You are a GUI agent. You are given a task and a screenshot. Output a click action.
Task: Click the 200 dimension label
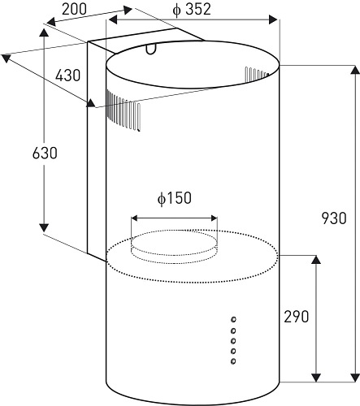pyautogui.click(x=74, y=9)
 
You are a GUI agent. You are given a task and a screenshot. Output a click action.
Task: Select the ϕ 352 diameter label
pyautogui.click(x=192, y=10)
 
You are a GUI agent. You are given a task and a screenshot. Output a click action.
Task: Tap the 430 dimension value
pyautogui.click(x=67, y=76)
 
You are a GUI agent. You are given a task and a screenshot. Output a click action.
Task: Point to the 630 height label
pyautogui.click(x=45, y=153)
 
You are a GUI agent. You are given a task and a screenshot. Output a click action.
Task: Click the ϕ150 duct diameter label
pyautogui.click(x=175, y=198)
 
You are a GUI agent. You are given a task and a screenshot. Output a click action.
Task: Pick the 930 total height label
pyautogui.click(x=334, y=218)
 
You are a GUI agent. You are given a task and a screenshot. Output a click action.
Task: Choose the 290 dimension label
pyautogui.click(x=296, y=317)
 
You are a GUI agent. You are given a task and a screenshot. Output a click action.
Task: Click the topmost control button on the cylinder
pyautogui.click(x=233, y=320)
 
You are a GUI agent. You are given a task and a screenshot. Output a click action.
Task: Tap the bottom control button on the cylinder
pyautogui.click(x=233, y=361)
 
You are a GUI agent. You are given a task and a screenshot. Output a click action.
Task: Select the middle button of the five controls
pyautogui.click(x=233, y=340)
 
